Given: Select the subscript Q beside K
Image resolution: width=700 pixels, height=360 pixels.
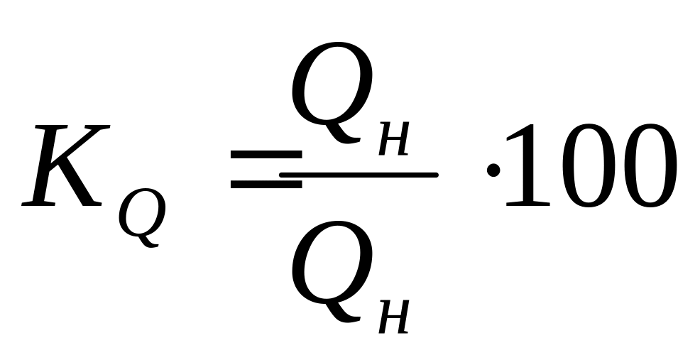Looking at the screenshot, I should click(x=142, y=217).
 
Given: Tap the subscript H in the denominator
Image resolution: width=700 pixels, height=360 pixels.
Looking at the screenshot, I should click(x=395, y=320).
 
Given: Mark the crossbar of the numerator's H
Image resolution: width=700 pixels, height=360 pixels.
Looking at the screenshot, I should click(x=395, y=141).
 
